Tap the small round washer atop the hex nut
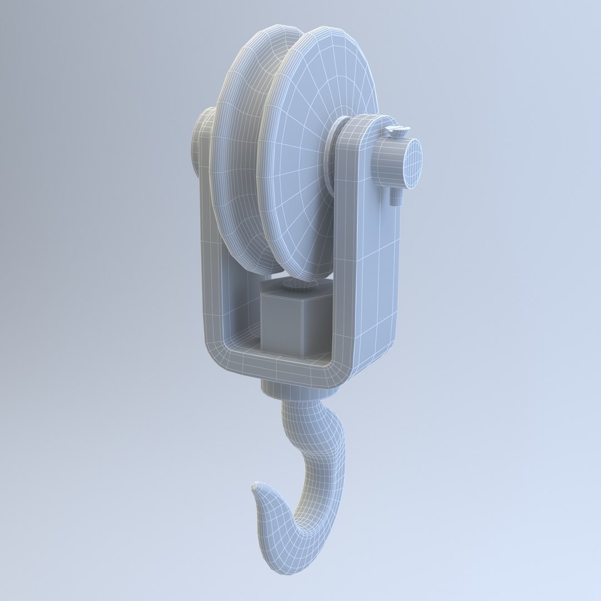point(300,285)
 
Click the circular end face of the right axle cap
point(412,162)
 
